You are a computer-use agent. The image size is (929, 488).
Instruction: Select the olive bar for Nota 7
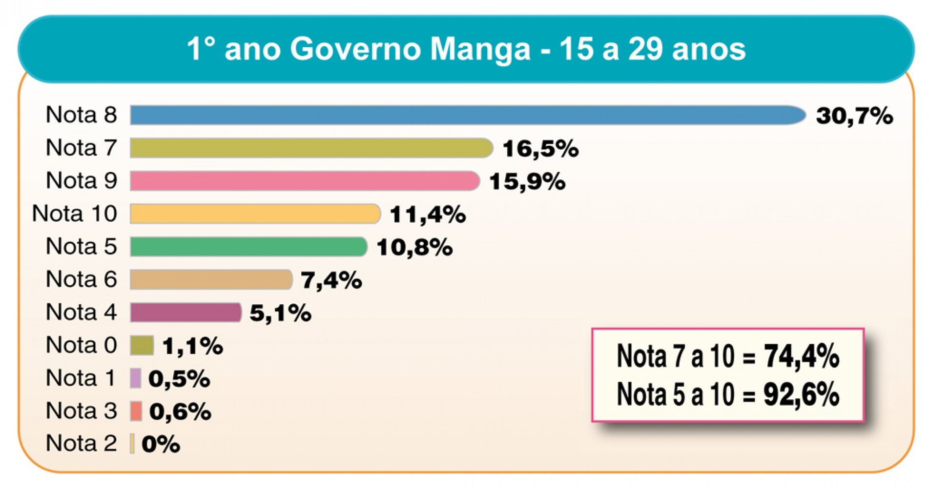[x=311, y=148]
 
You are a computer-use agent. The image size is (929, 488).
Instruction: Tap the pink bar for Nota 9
[x=304, y=181]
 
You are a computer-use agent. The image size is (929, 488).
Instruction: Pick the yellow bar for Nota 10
[x=254, y=214]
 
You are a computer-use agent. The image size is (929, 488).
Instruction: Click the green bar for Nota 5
[x=248, y=247]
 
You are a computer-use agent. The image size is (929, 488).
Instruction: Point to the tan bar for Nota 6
[x=210, y=280]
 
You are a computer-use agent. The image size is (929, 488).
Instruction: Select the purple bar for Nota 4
[x=186, y=312]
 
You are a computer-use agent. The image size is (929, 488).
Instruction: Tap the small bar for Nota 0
[x=142, y=346]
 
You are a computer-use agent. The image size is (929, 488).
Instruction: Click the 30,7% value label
[x=854, y=116]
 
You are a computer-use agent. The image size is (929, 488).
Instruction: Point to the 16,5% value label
[x=540, y=149]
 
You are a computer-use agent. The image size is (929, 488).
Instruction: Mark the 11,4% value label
[x=428, y=215]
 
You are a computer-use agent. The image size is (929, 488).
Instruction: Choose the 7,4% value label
[x=331, y=280]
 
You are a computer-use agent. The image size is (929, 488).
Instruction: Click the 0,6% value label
[x=180, y=412]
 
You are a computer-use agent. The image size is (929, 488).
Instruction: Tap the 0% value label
[x=161, y=444]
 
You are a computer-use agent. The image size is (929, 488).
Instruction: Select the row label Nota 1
[x=81, y=378]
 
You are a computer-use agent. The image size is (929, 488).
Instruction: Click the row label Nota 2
[x=81, y=444]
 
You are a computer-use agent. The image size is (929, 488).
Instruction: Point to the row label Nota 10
[x=75, y=214]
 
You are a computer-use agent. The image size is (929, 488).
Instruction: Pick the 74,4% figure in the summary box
[x=801, y=356]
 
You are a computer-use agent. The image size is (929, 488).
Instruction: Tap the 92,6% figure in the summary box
[x=801, y=394]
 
